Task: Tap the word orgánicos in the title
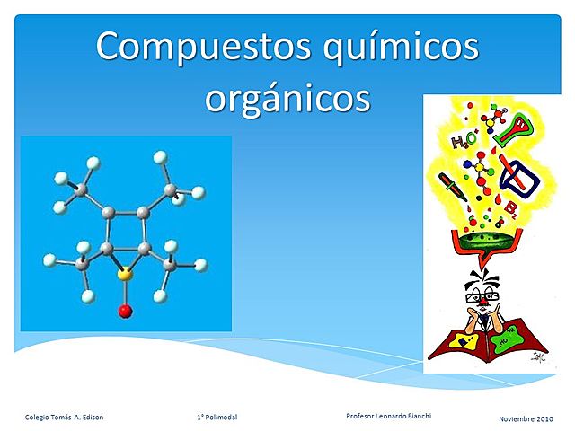pyautogui.click(x=287, y=96)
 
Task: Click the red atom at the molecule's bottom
pyautogui.click(x=125, y=312)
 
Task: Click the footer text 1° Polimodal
pyautogui.click(x=216, y=418)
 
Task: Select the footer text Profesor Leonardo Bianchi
pyautogui.click(x=388, y=415)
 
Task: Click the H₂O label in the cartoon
pyautogui.click(x=464, y=141)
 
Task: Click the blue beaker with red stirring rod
pyautogui.click(x=520, y=177)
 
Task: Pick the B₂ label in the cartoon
pyautogui.click(x=509, y=211)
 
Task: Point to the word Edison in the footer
pyautogui.click(x=91, y=418)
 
